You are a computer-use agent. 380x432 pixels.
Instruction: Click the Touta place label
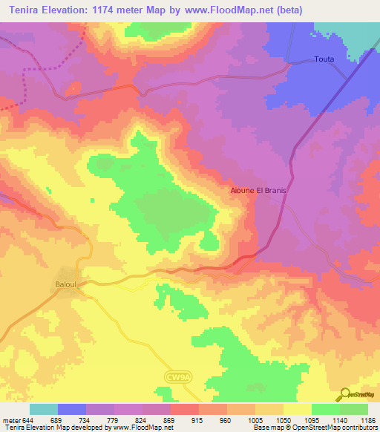[x=324, y=59]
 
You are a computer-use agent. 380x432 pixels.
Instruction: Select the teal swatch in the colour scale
[x=44, y=409]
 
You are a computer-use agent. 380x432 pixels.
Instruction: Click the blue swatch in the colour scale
[x=72, y=409]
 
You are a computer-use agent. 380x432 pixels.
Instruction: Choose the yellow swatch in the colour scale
[x=297, y=409]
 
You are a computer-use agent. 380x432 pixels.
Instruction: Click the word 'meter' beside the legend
[x=9, y=419]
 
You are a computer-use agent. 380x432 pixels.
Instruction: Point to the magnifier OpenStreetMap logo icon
[x=345, y=394]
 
